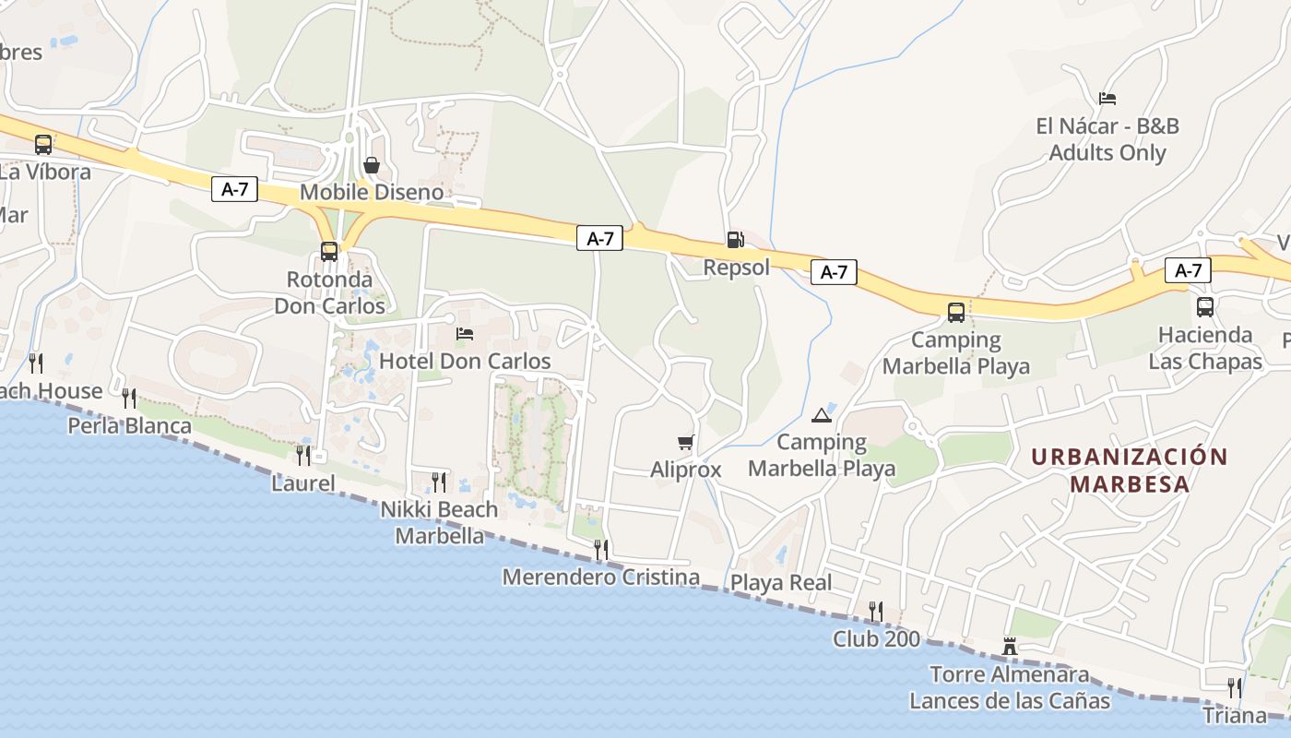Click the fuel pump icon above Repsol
[735, 240]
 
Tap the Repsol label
[736, 268]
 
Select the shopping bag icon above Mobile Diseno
[371, 165]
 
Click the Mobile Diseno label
[372, 192]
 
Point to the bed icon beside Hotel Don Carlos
[465, 333]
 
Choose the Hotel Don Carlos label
[465, 361]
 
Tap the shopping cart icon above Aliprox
[685, 442]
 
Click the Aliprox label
[685, 470]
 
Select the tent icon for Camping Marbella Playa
[821, 414]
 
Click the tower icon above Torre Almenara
[1010, 647]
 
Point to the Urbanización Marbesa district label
[1130, 470]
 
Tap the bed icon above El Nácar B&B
[1107, 98]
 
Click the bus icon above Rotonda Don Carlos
[329, 251]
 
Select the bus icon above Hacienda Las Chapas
[1205, 307]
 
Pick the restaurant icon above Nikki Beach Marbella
[439, 482]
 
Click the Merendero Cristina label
[600, 577]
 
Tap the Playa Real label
[781, 582]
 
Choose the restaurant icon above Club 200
[876, 611]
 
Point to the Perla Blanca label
[130, 425]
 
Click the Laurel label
[302, 482]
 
